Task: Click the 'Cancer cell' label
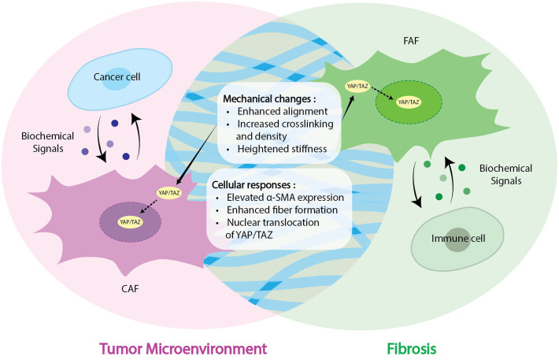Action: click(x=117, y=76)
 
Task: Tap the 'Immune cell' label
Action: click(x=458, y=239)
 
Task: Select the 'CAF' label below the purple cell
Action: click(x=130, y=288)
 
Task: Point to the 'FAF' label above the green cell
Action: click(x=411, y=41)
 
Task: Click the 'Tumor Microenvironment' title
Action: click(x=183, y=349)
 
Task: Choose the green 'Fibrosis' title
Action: click(x=412, y=349)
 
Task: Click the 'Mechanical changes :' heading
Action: click(x=269, y=98)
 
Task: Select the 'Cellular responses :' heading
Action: click(x=254, y=185)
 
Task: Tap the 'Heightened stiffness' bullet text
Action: click(x=282, y=148)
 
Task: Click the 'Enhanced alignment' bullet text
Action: click(x=283, y=111)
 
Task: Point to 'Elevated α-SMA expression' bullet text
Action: click(x=285, y=197)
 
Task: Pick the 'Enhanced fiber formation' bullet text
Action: click(x=282, y=210)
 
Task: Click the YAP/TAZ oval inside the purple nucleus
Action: click(x=130, y=222)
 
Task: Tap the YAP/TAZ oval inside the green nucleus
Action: click(x=409, y=102)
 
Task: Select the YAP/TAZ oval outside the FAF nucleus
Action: click(x=357, y=87)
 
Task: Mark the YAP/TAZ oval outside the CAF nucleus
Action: click(x=169, y=193)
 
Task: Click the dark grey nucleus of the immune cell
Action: click(x=457, y=239)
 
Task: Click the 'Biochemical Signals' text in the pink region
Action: click(x=48, y=142)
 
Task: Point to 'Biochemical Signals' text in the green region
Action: click(x=505, y=174)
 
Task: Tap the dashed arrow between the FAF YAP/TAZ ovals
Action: click(x=382, y=94)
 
